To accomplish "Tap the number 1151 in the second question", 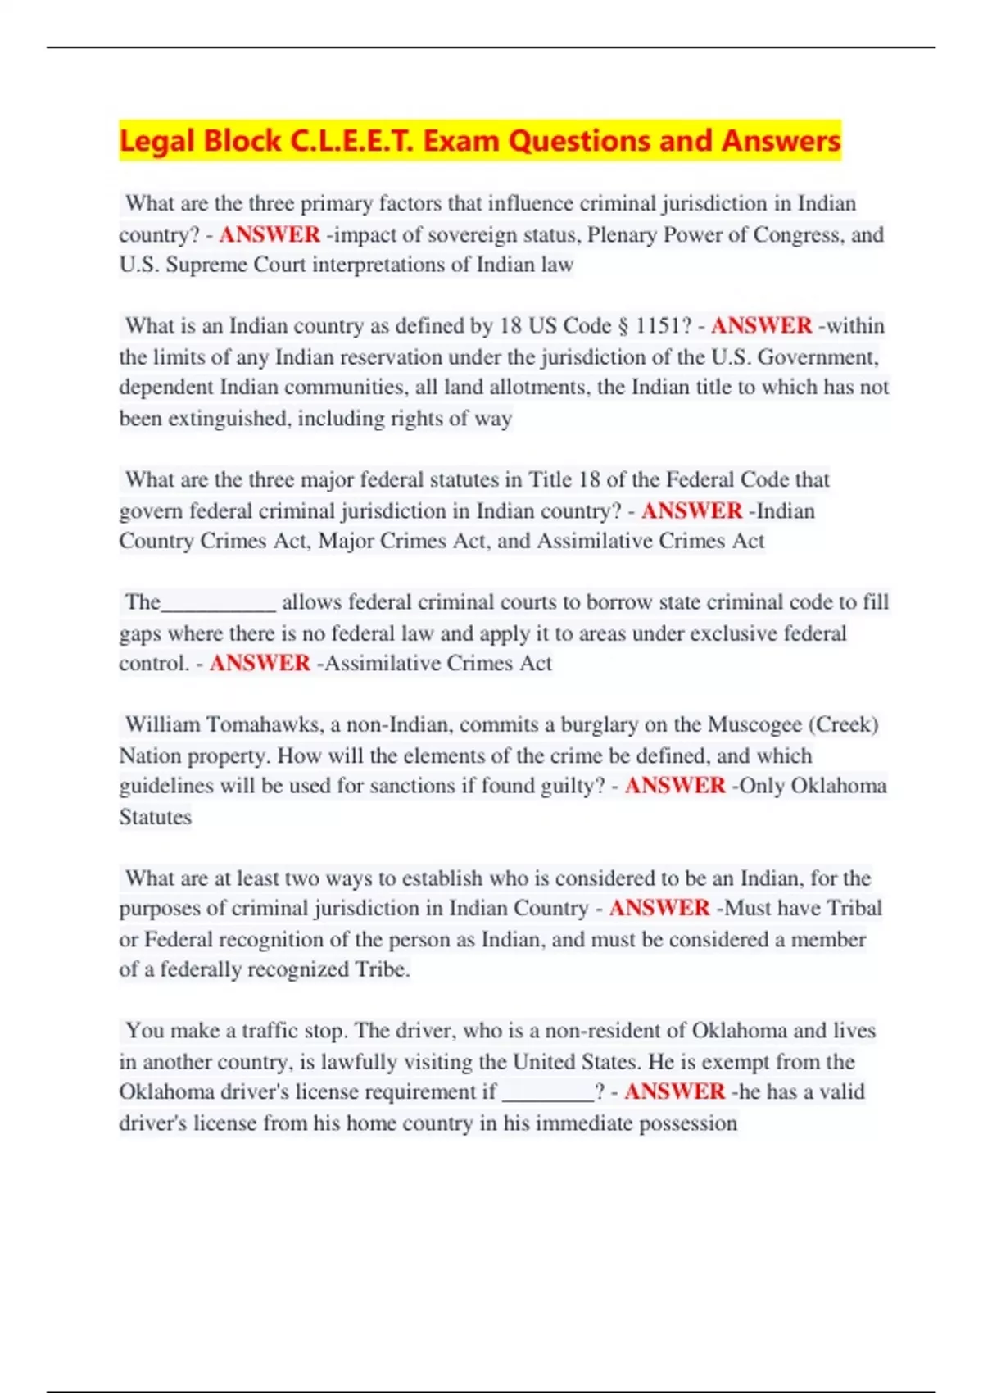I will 658,326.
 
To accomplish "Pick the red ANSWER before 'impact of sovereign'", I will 270,235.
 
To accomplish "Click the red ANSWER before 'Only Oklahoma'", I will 675,786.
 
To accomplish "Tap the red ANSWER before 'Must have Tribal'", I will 659,909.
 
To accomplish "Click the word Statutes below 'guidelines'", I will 155,817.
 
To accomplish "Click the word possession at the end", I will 687,1123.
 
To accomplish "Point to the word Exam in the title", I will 461,141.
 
